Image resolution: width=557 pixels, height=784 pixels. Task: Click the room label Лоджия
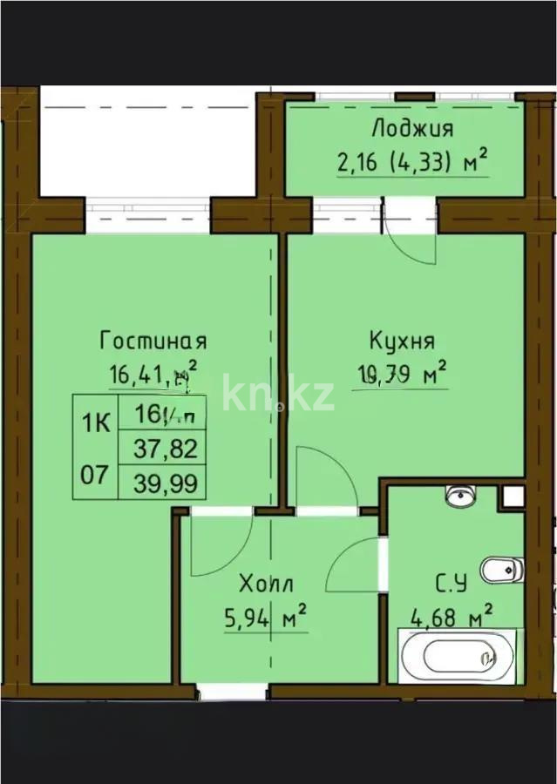412,129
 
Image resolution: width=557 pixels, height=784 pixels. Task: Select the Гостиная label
153,339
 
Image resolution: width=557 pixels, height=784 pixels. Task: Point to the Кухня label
402,340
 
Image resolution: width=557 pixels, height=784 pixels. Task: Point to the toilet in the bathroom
501,571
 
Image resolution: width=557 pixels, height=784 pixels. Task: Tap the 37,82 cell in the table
165,449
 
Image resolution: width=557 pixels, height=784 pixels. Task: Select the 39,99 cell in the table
165,483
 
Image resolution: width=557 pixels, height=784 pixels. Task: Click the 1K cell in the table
96,423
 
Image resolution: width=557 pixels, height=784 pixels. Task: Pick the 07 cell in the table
96,475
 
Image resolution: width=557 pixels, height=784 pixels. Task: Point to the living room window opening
147,215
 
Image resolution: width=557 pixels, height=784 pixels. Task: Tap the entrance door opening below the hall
232,692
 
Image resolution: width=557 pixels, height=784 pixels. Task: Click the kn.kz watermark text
277,394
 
